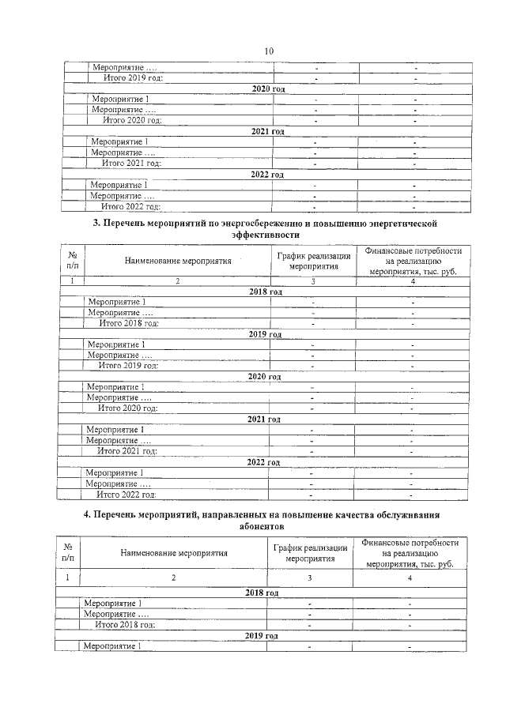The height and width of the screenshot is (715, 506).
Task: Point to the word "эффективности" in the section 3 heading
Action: pyautogui.click(x=266, y=235)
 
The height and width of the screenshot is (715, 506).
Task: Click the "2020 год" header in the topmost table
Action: pyautogui.click(x=267, y=89)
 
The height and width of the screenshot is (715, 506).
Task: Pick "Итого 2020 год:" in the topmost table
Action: pyautogui.click(x=133, y=120)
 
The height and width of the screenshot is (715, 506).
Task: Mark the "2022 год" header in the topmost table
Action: pyautogui.click(x=266, y=174)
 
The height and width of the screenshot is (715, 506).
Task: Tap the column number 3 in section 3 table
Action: pyautogui.click(x=313, y=281)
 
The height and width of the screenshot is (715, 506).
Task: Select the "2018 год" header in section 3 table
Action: pyautogui.click(x=265, y=292)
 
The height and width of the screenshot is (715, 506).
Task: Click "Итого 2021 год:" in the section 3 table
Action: pyautogui.click(x=127, y=451)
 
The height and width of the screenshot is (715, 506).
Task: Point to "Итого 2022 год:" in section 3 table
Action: pyautogui.click(x=126, y=494)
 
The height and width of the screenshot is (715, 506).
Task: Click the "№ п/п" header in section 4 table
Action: pyautogui.click(x=68, y=553)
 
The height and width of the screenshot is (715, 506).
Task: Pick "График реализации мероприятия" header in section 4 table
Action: pyautogui.click(x=310, y=553)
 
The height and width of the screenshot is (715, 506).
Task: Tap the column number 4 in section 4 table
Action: pyautogui.click(x=410, y=578)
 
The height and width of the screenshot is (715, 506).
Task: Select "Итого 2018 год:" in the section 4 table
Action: pyautogui.click(x=124, y=624)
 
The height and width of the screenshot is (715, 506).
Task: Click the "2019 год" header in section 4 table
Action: pyautogui.click(x=262, y=635)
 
